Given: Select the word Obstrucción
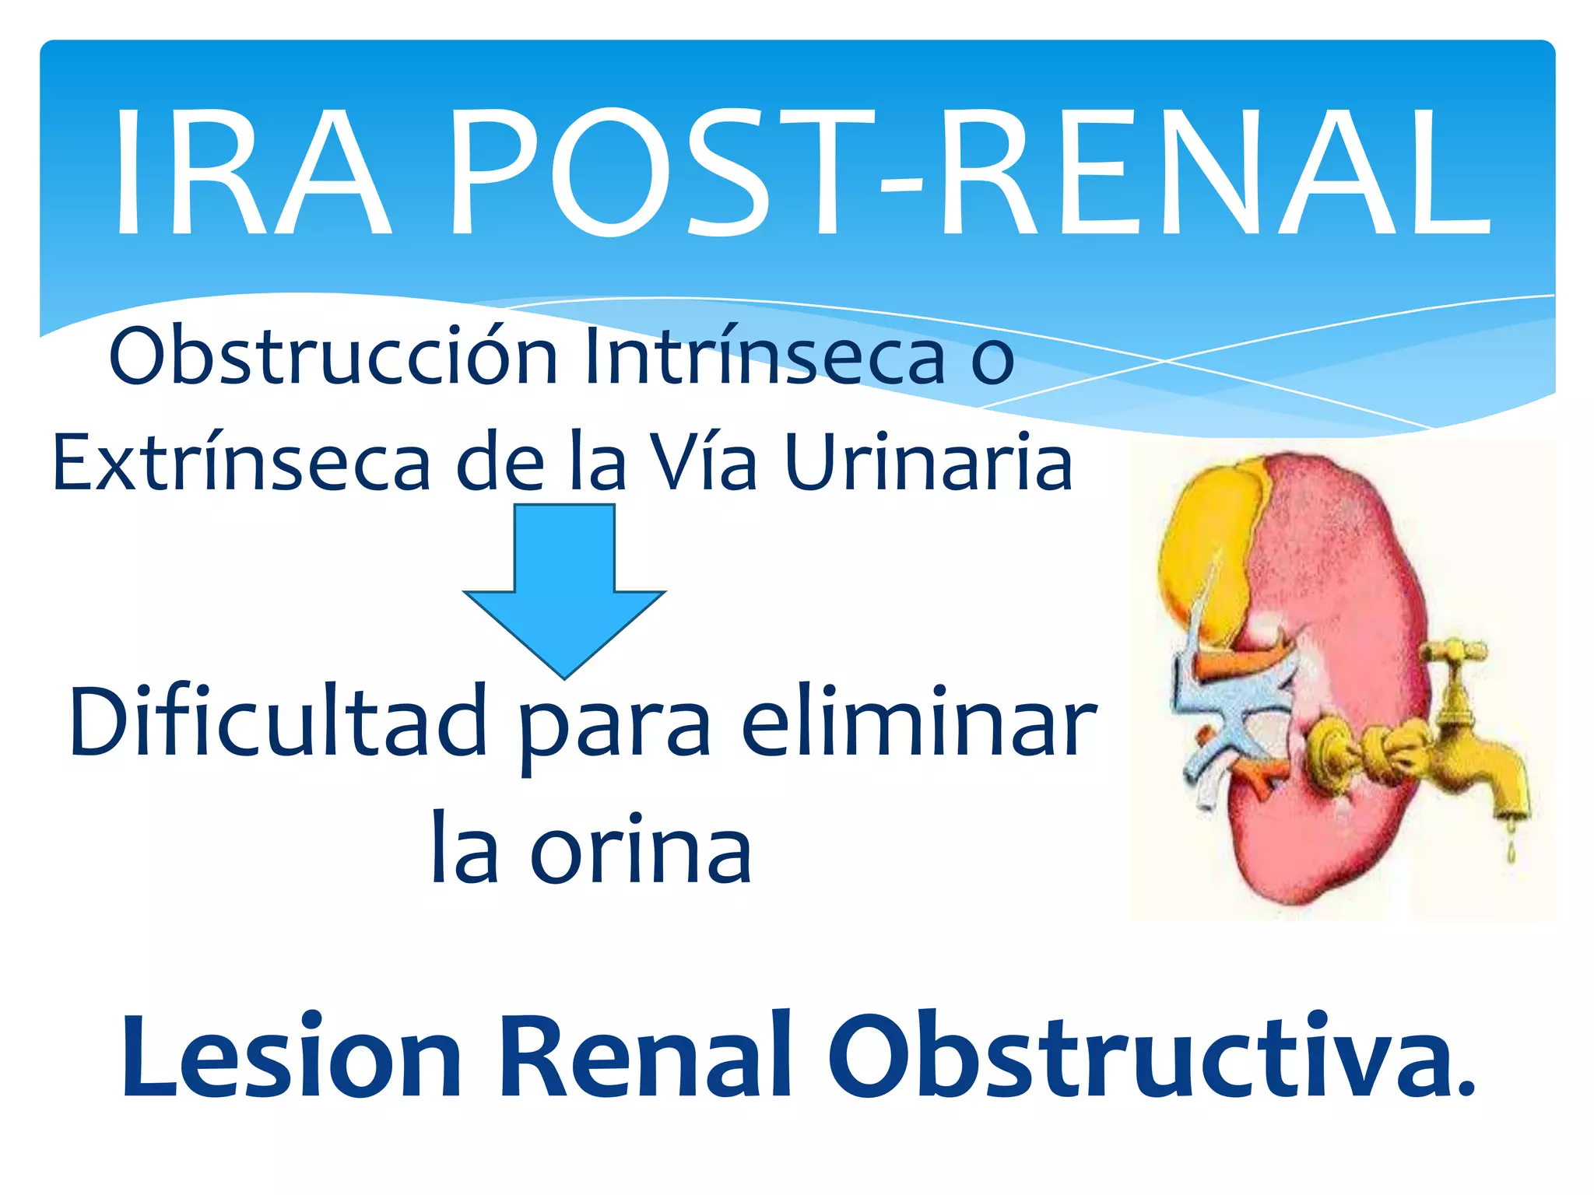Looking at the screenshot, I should (x=334, y=356).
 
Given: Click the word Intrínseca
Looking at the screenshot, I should (x=764, y=356).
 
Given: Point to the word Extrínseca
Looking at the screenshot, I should (x=241, y=464).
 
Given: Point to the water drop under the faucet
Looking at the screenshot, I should (x=1511, y=853).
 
